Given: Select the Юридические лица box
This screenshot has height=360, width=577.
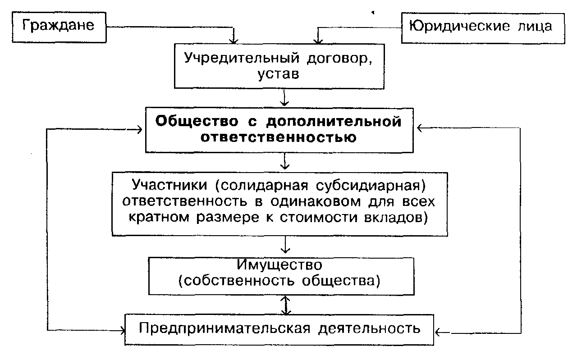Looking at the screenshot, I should [483, 27].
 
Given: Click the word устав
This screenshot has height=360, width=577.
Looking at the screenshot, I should [279, 74].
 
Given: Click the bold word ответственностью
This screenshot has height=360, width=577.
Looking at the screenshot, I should [279, 138].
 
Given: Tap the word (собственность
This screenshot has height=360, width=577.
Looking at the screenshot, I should [234, 280].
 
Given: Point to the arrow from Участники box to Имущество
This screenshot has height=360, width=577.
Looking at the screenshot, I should [284, 245].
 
